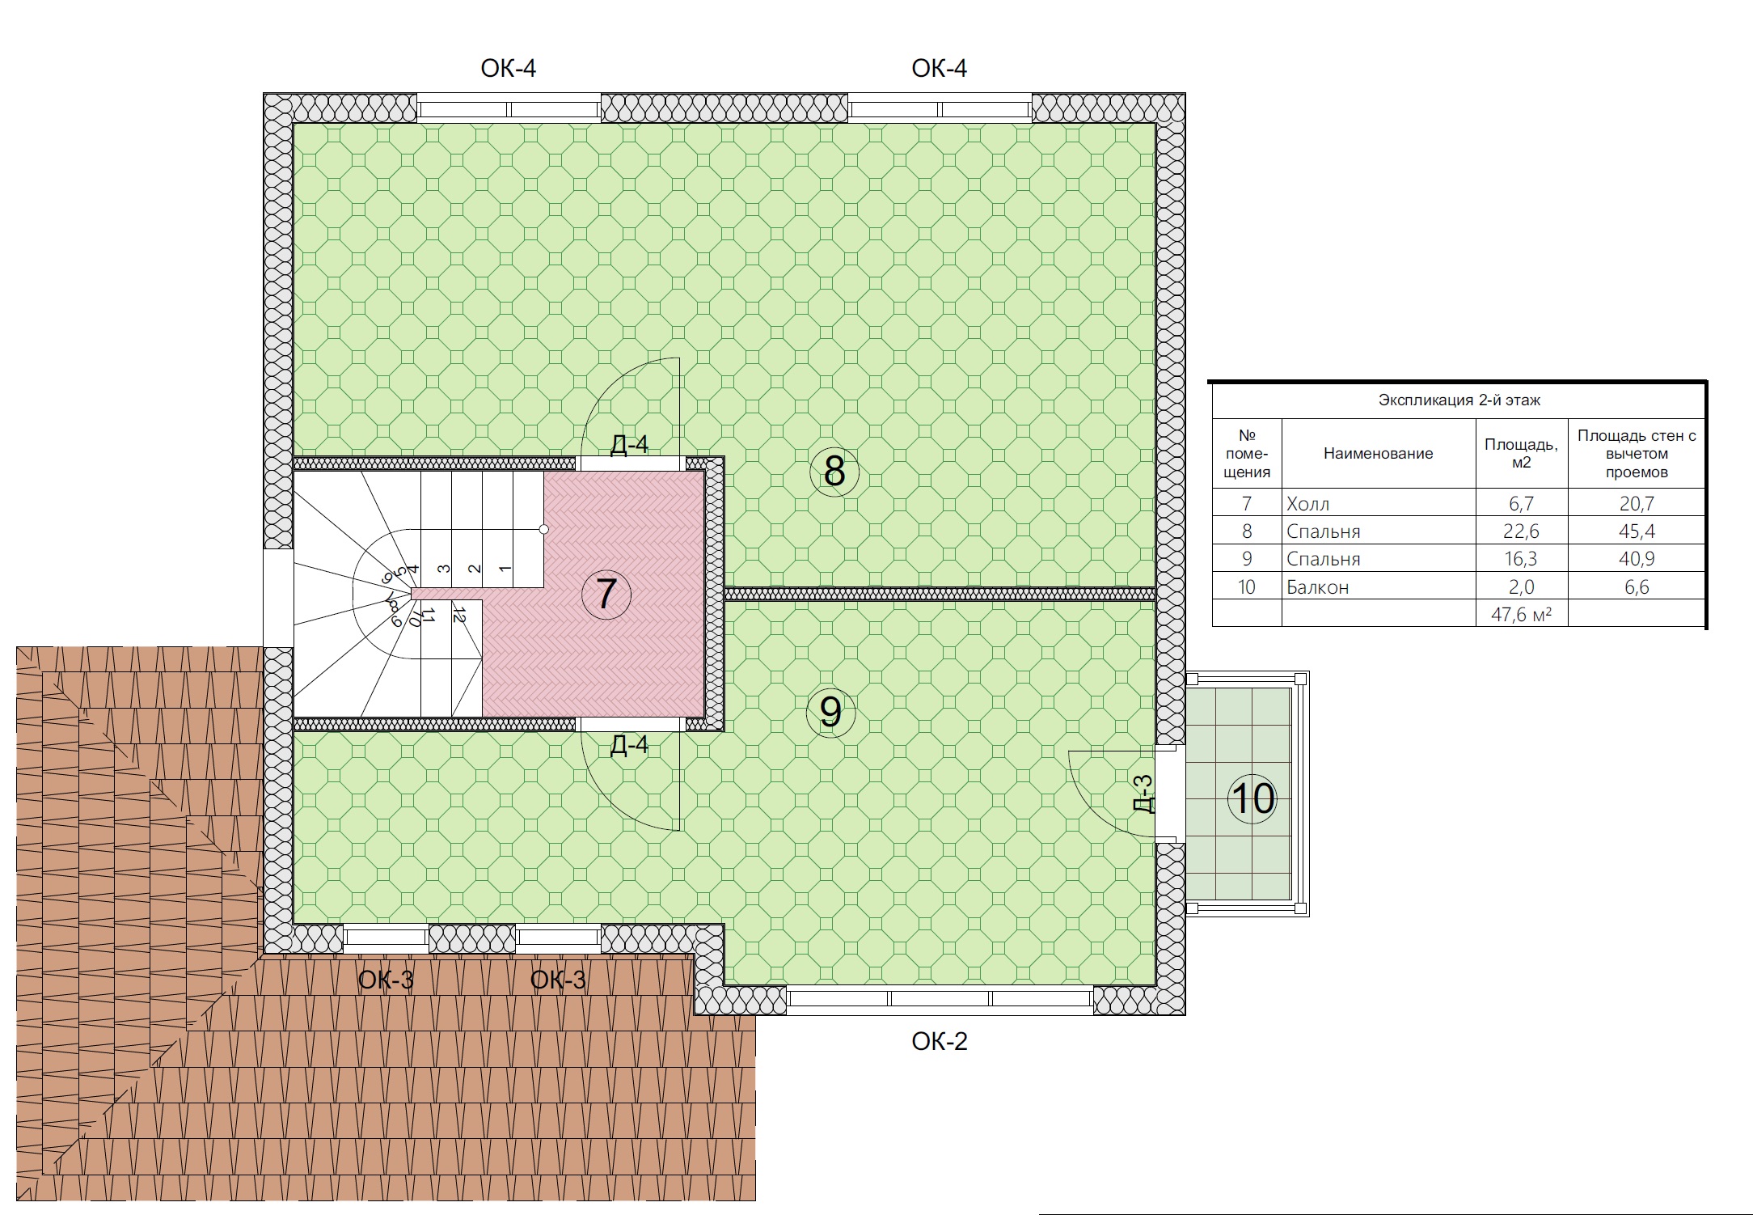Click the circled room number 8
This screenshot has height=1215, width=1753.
click(834, 472)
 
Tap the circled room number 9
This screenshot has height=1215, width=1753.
click(830, 712)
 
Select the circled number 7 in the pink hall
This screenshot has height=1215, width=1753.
click(606, 595)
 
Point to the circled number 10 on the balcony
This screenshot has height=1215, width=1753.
click(1252, 799)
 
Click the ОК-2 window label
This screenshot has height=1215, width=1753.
click(939, 1041)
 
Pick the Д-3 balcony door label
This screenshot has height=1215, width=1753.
click(1143, 793)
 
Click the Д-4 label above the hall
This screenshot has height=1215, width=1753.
click(629, 444)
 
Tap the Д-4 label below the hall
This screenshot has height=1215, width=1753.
click(629, 745)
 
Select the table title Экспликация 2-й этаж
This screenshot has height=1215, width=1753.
click(1459, 400)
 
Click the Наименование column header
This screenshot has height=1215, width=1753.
click(1378, 454)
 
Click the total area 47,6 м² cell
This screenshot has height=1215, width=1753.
click(1521, 615)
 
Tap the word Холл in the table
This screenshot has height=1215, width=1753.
click(1307, 504)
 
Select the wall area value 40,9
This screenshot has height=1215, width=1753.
click(1637, 559)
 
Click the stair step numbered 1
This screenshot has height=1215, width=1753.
click(505, 569)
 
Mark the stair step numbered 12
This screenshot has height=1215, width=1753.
click(458, 615)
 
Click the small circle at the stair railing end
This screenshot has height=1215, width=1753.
click(544, 529)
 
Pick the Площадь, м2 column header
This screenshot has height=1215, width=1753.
click(1521, 454)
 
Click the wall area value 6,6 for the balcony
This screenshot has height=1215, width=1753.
click(1637, 587)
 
